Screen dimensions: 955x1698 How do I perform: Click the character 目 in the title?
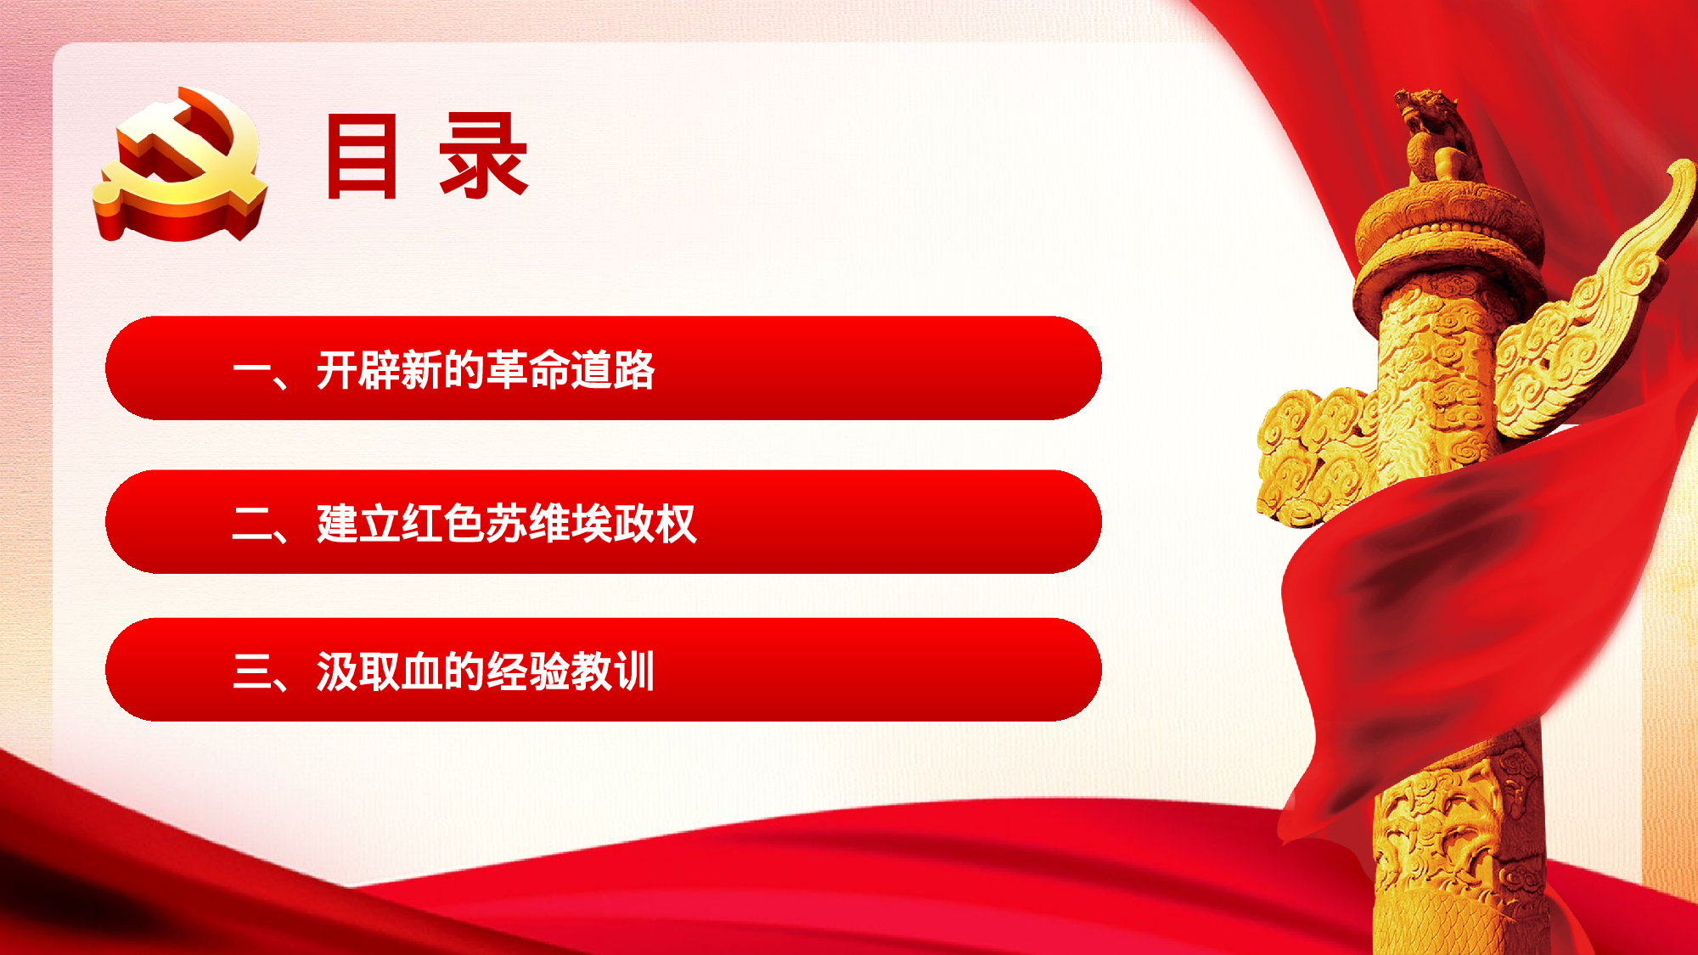click(362, 157)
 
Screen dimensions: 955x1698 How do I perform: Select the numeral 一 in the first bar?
click(252, 370)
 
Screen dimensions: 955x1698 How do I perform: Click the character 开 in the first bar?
click(337, 370)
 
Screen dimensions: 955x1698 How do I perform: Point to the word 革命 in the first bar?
click(527, 370)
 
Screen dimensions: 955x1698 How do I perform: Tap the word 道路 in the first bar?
click(612, 370)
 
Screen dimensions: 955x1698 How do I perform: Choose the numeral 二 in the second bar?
click(252, 524)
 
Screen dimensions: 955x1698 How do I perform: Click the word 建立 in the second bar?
click(358, 524)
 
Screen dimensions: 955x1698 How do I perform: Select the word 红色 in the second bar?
click(443, 524)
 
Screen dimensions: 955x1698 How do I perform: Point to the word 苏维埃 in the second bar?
click(548, 524)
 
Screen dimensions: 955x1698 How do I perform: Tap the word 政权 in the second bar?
click(655, 524)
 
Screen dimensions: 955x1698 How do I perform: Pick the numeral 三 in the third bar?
click(252, 672)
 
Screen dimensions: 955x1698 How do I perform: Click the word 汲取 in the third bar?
click(358, 672)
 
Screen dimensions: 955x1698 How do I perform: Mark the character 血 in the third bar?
click(422, 672)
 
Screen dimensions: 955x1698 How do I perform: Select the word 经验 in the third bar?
click(527, 672)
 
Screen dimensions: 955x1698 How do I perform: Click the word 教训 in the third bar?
click(612, 672)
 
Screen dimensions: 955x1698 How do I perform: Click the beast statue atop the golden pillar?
click(1439, 136)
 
